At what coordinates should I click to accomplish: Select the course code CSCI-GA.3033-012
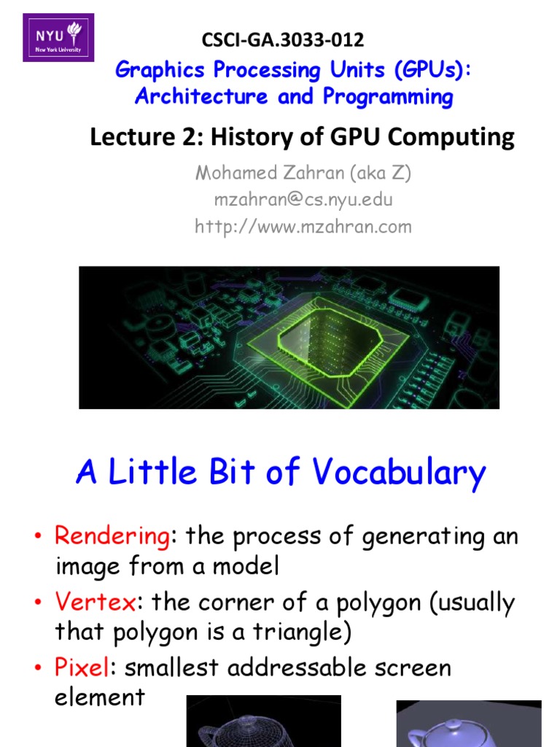click(x=283, y=39)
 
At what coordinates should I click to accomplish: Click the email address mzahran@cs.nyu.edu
click(x=303, y=200)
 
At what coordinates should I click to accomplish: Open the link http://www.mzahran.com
click(x=303, y=226)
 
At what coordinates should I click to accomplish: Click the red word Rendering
click(x=112, y=537)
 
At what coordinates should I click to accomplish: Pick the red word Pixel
click(x=82, y=667)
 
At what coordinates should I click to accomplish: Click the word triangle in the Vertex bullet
click(x=295, y=632)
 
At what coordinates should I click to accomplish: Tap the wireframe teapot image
click(x=263, y=722)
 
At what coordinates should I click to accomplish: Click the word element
click(x=100, y=697)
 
